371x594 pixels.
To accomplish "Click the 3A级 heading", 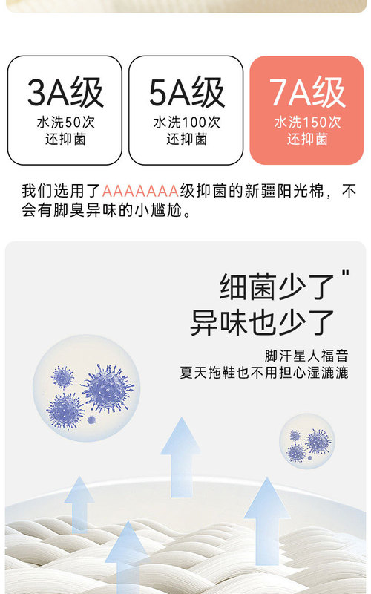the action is [65, 92].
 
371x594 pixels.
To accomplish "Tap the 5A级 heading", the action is [187, 92].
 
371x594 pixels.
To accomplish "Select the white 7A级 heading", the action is [307, 92].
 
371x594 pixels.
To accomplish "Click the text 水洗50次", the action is [65, 123].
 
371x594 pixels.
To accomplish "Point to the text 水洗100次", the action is [187, 123].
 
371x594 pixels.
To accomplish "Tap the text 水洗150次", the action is [307, 123].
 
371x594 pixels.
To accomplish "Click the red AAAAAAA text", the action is [140, 191].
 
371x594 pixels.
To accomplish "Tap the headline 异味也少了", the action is [262, 322].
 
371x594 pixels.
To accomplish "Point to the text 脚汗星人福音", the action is [306, 356].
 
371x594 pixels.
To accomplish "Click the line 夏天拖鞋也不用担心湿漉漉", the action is [264, 373].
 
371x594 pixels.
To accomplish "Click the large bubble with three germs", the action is [87, 388].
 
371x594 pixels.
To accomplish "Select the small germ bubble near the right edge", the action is [307, 441].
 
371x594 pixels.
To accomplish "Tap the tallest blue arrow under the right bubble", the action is [267, 521].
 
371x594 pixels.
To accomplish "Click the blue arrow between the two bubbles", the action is [180, 457].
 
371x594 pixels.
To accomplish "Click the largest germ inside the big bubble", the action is [108, 388].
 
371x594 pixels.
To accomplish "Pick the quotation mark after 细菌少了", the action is [345, 273].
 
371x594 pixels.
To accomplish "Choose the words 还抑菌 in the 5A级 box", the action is [187, 140].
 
